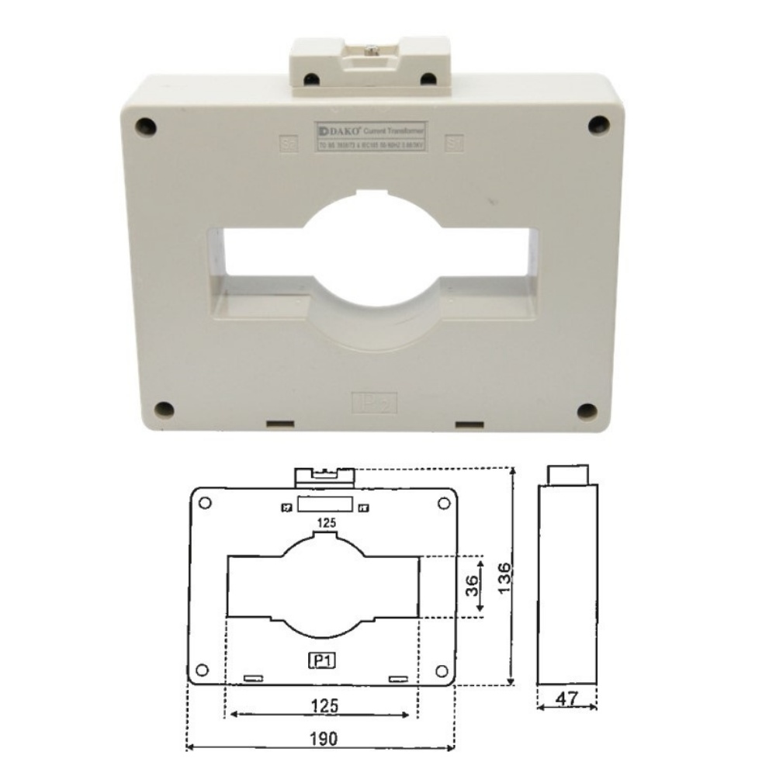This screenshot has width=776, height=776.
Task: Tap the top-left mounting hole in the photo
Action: [x=145, y=125]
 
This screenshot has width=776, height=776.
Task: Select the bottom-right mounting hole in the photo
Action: [x=587, y=411]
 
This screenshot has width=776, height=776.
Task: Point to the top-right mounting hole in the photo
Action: [x=597, y=124]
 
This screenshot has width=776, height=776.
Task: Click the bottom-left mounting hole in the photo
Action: [x=163, y=409]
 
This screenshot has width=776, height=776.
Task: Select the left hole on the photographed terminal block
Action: [x=311, y=78]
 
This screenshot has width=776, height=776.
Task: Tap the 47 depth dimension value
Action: [x=569, y=698]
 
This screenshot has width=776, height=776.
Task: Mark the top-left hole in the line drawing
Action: [x=205, y=502]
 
